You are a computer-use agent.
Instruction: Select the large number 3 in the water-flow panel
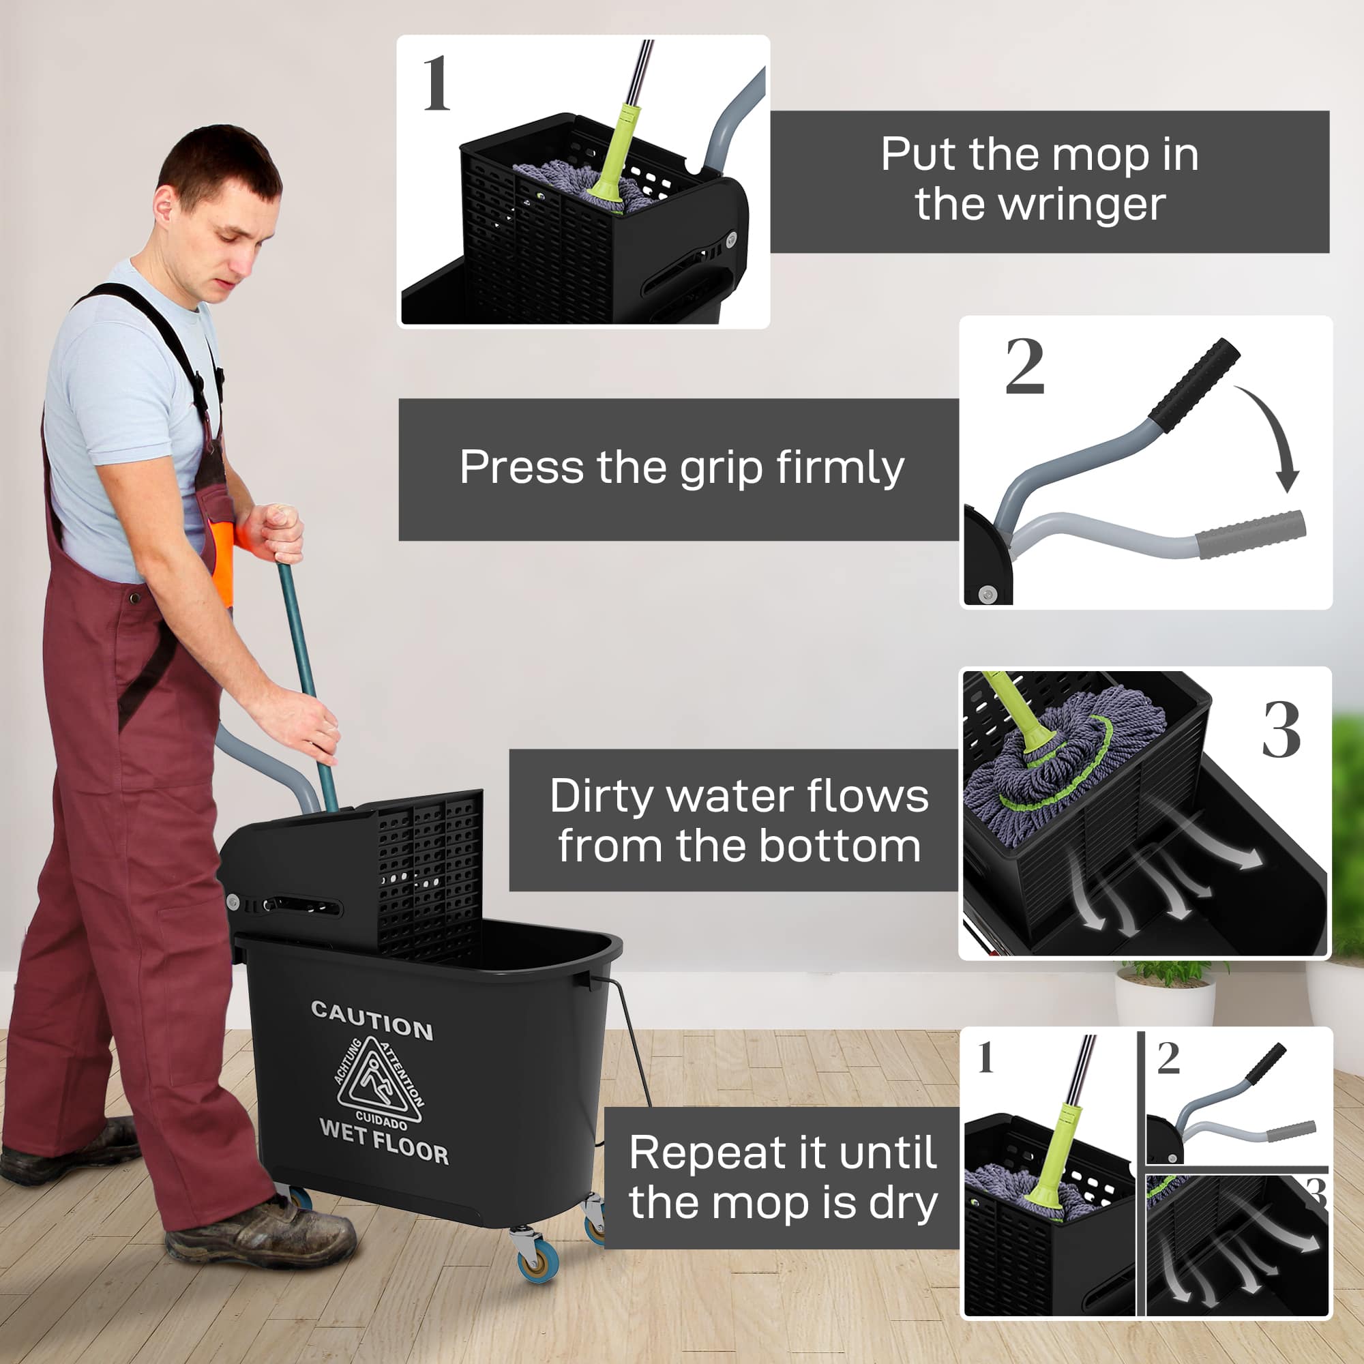point(1281,730)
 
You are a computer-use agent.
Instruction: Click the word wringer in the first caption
point(1040,205)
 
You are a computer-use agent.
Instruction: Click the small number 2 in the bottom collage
point(1168,1058)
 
